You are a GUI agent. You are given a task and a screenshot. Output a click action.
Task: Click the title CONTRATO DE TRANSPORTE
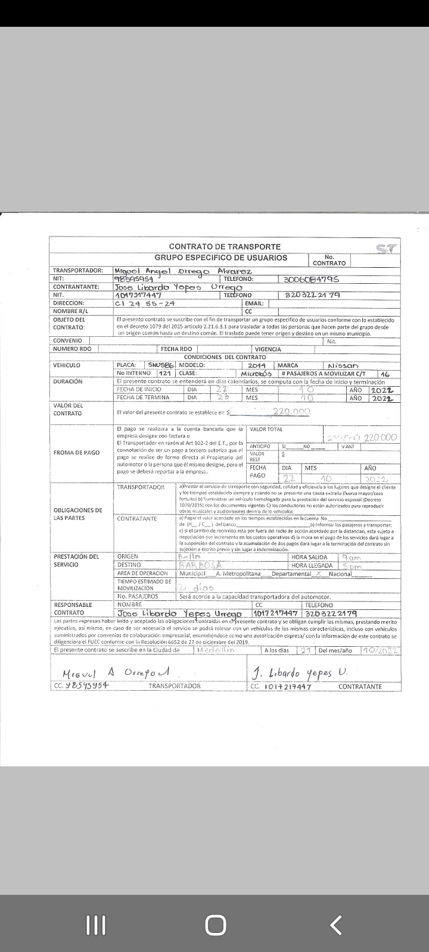click(x=225, y=246)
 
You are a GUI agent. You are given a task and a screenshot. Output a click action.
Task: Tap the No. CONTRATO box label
click(x=329, y=260)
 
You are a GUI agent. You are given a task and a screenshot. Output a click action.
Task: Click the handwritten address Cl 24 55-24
click(x=145, y=303)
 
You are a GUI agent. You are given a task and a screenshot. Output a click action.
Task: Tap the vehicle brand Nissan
click(x=343, y=365)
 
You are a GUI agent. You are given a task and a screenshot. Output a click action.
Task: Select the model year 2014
click(x=257, y=365)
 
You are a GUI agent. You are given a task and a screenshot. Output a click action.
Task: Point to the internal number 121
click(x=165, y=374)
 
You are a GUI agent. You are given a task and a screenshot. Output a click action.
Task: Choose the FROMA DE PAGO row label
click(x=76, y=453)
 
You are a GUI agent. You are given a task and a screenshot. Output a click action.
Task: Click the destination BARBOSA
click(x=200, y=566)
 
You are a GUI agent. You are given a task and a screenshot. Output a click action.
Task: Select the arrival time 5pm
click(x=352, y=566)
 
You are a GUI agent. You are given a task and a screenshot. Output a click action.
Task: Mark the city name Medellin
click(x=216, y=650)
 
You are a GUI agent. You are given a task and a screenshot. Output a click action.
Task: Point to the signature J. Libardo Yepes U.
click(x=299, y=673)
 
